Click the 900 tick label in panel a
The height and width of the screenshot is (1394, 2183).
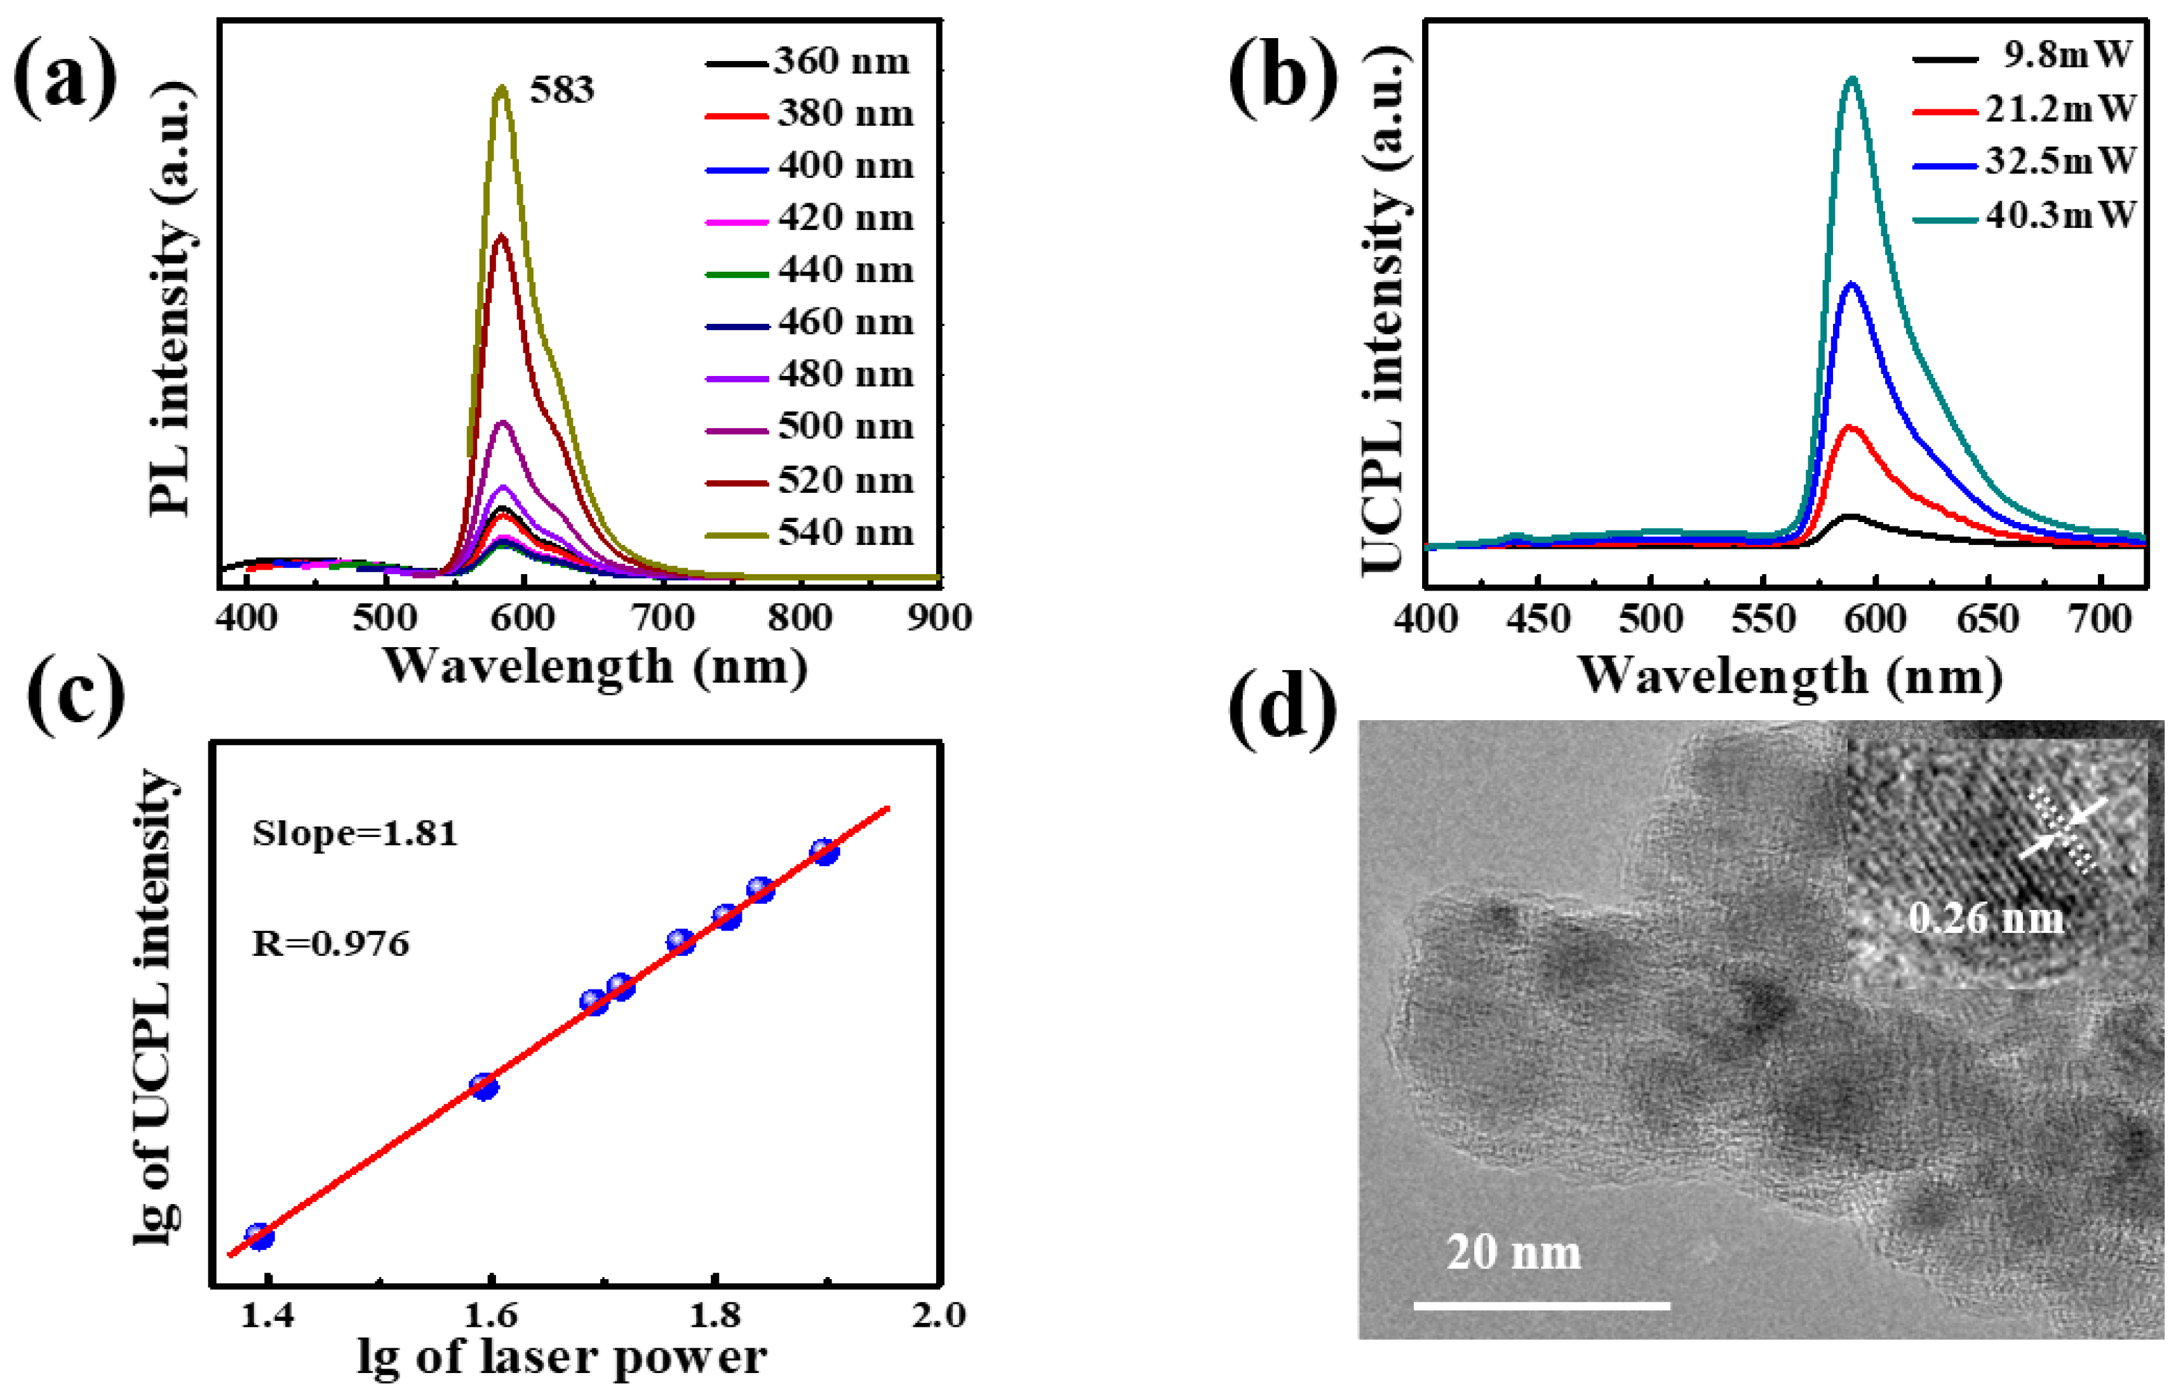[939, 618]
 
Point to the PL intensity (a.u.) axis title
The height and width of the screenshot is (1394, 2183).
[170, 299]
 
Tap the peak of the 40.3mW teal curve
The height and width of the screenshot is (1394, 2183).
[1852, 80]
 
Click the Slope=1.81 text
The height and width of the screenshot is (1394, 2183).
[354, 834]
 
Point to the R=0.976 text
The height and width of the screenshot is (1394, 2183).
[330, 944]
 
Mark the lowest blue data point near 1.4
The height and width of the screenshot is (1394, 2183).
[259, 1237]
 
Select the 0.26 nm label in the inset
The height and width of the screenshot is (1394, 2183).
[1985, 919]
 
